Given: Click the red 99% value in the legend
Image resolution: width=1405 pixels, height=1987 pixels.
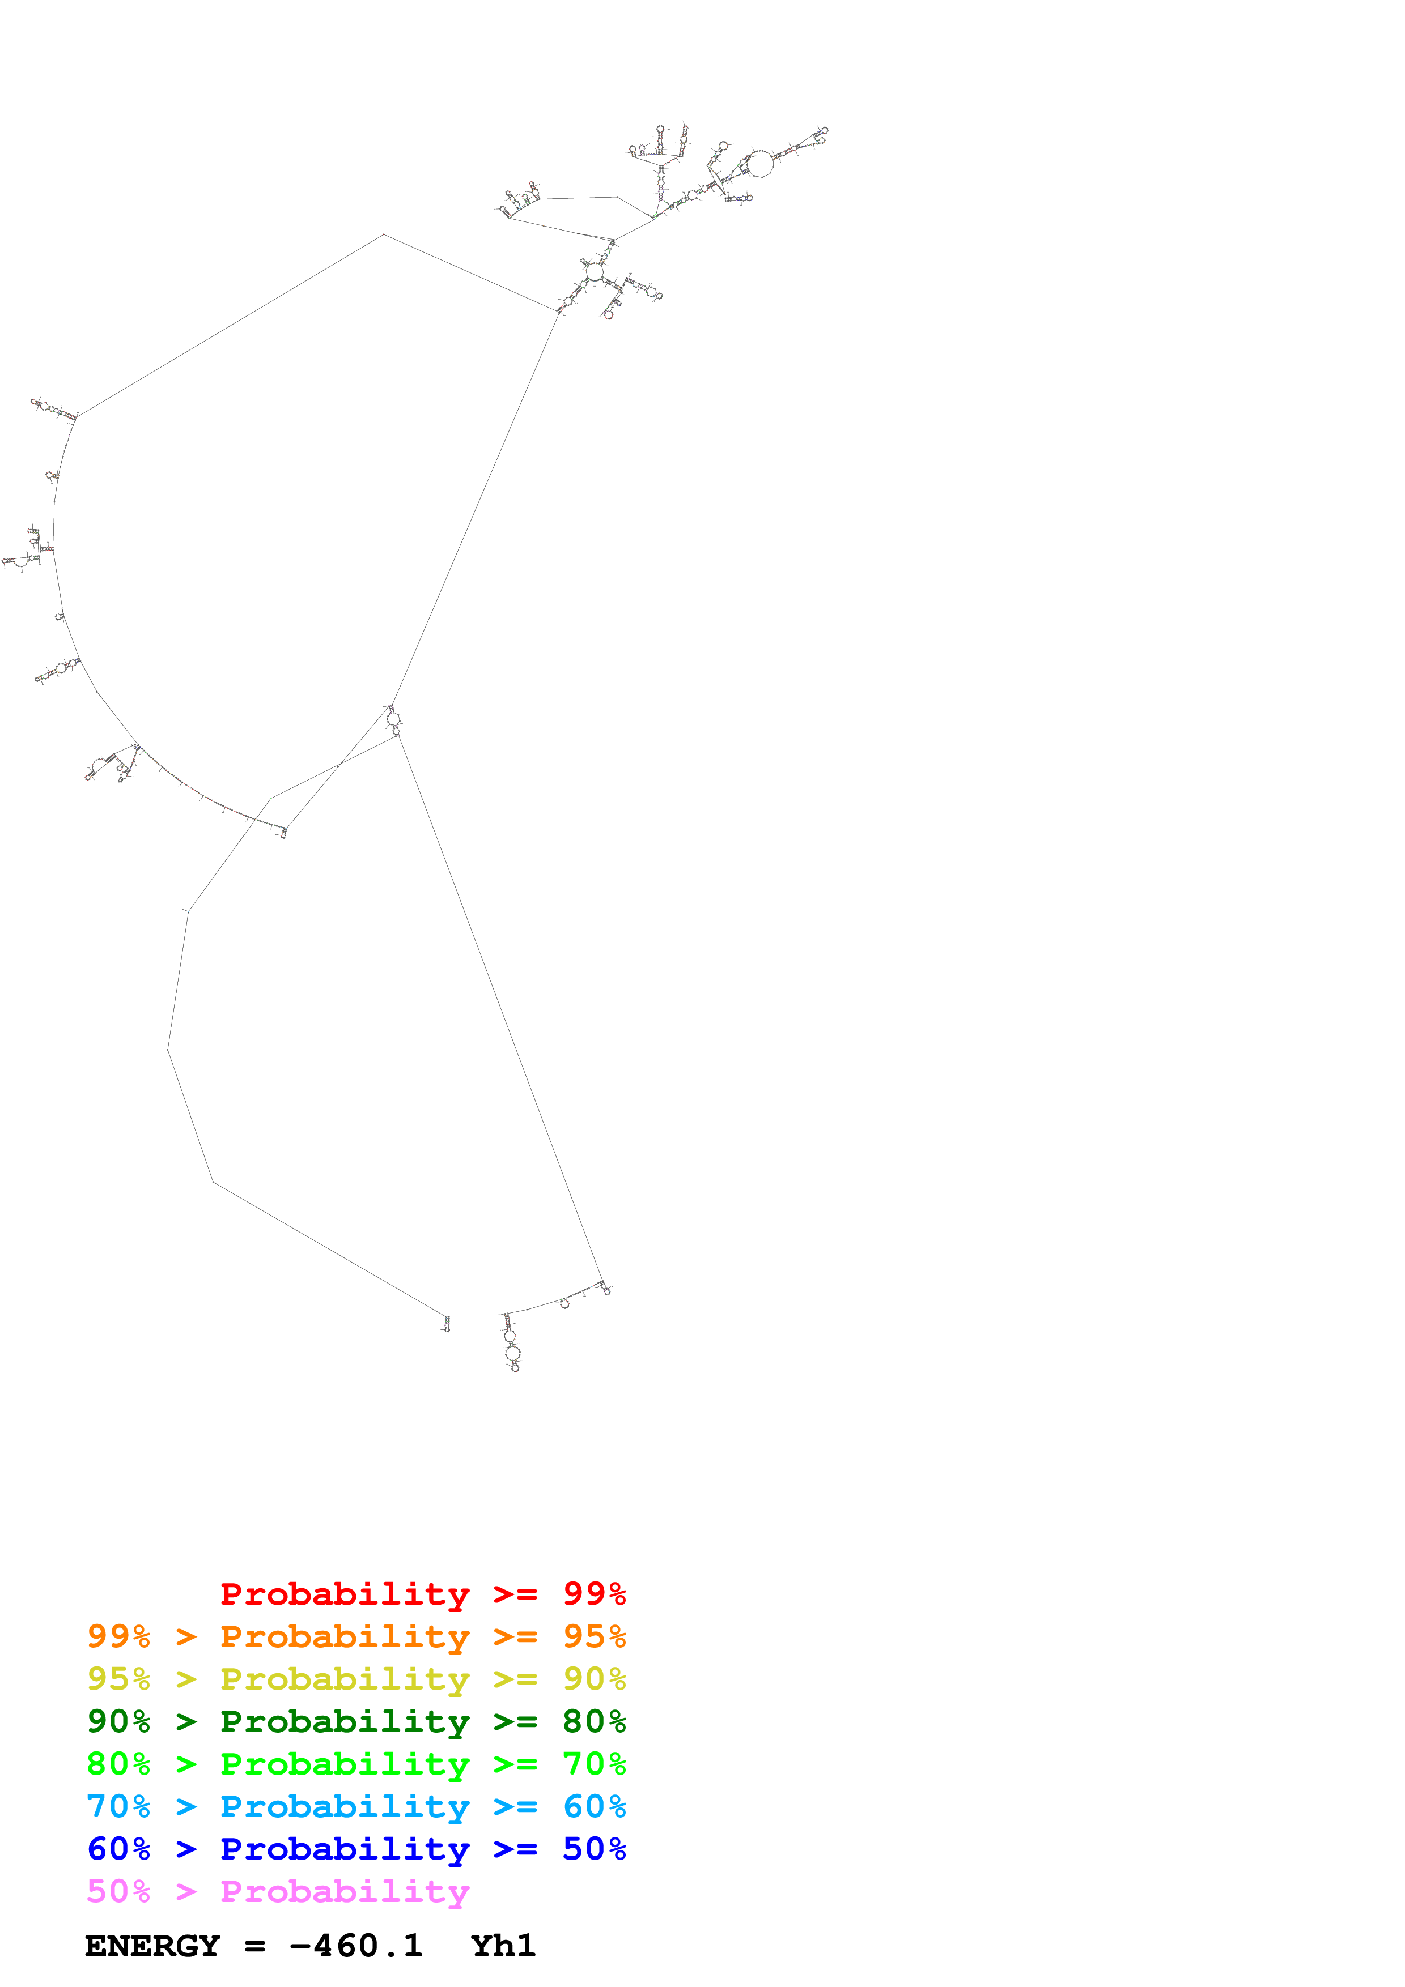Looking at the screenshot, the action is (x=594, y=1593).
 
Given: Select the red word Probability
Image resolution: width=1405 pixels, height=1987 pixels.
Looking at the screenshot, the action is (x=345, y=1593).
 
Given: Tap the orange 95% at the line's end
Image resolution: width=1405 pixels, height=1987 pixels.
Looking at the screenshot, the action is (x=594, y=1636).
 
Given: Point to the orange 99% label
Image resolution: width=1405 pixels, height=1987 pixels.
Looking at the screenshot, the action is (x=118, y=1636).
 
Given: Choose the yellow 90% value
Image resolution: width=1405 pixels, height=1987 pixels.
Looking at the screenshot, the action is (x=594, y=1678).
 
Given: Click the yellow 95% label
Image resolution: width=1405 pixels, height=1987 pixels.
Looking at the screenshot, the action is (x=118, y=1678).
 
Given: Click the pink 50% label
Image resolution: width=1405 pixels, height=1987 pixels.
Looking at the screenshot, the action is (x=118, y=1891).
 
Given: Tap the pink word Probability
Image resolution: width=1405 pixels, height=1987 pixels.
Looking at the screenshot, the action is (x=345, y=1891).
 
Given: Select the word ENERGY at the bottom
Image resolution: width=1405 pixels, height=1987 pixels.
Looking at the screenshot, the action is (x=152, y=1946).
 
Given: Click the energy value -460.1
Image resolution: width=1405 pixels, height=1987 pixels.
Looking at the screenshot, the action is (x=356, y=1946).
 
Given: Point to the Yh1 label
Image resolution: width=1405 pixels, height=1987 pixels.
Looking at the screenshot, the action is (x=503, y=1946).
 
